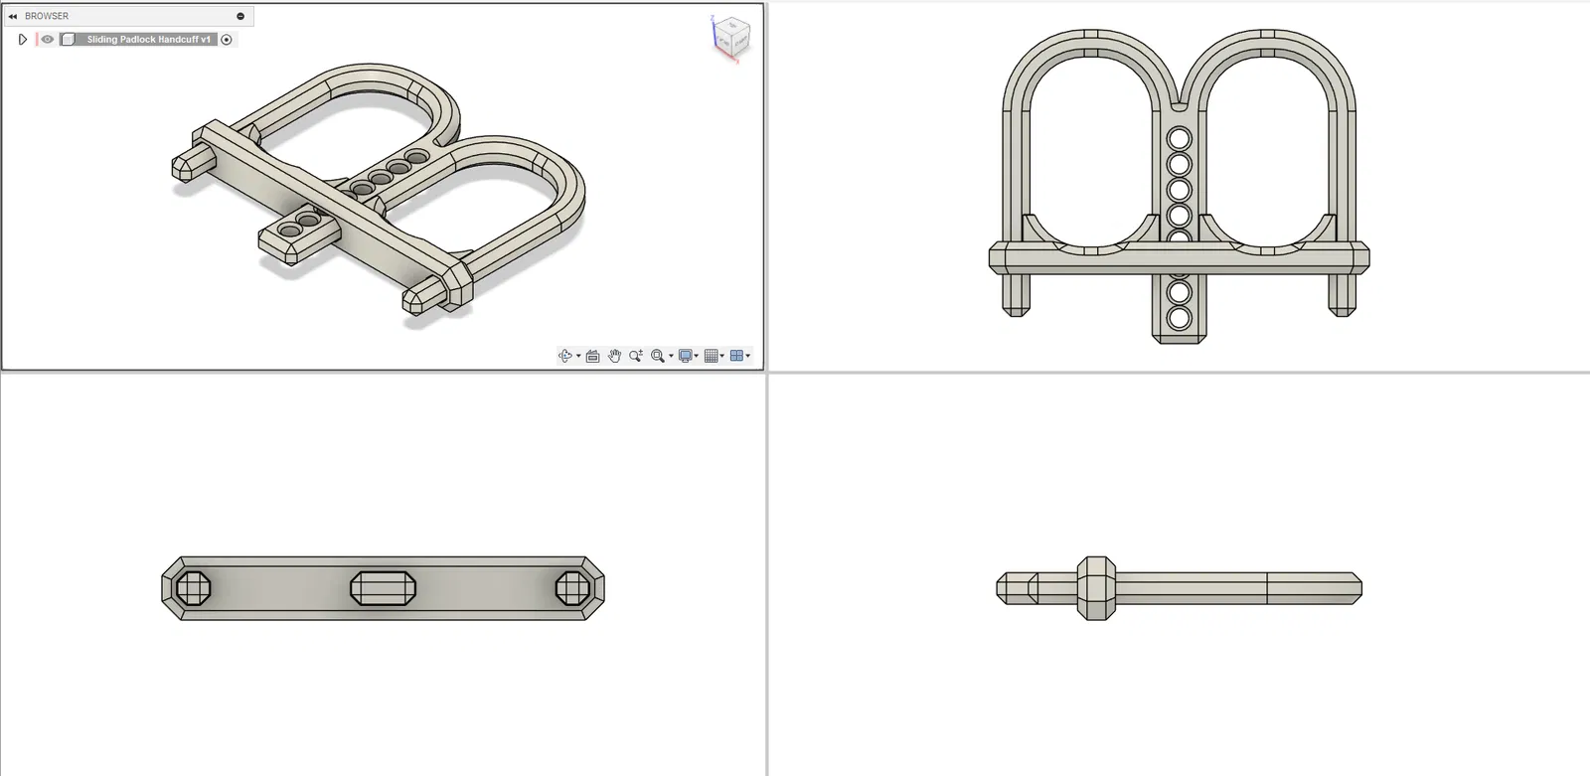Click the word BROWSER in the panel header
tap(47, 16)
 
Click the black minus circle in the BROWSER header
tap(240, 16)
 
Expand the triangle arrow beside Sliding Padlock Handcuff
tap(22, 39)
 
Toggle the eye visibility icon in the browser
tap(47, 39)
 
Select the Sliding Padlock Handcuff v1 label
tap(148, 39)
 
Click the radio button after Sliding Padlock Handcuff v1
tap(227, 40)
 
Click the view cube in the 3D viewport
tap(731, 36)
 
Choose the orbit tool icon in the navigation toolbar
tap(565, 356)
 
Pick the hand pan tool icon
tap(615, 356)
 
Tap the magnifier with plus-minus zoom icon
tap(636, 356)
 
